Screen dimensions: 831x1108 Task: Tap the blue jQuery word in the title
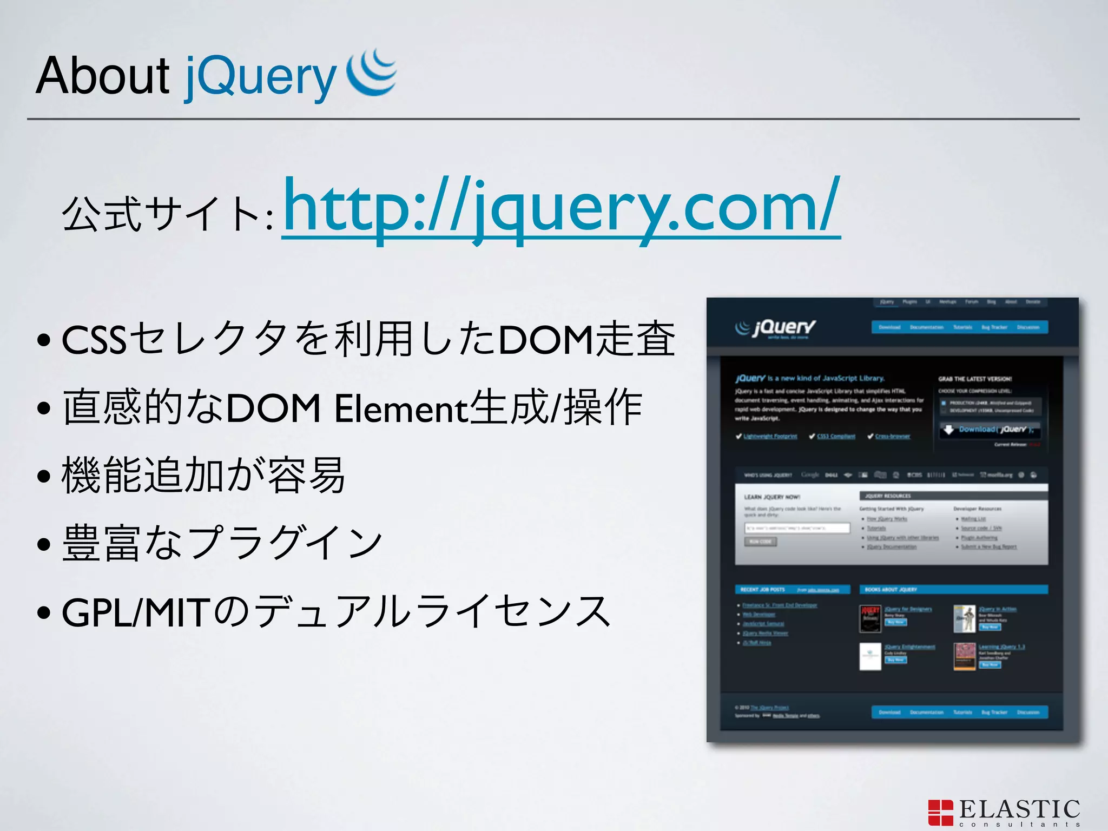click(260, 77)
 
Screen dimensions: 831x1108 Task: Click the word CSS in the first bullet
click(94, 340)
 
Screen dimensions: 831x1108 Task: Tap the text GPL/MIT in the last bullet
click(135, 613)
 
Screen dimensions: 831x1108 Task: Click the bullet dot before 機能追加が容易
click(44, 477)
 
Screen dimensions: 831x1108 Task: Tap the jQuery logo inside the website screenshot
click(776, 328)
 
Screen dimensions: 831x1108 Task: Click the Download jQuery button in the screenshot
click(990, 430)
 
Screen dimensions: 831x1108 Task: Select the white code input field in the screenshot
click(797, 528)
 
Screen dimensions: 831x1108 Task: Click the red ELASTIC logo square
click(940, 813)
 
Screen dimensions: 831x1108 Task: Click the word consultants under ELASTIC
click(1020, 825)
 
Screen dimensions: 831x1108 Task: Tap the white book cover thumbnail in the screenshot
click(870, 657)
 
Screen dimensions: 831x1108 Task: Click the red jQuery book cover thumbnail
click(870, 619)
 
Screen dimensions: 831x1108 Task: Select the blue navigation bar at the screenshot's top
click(960, 327)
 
